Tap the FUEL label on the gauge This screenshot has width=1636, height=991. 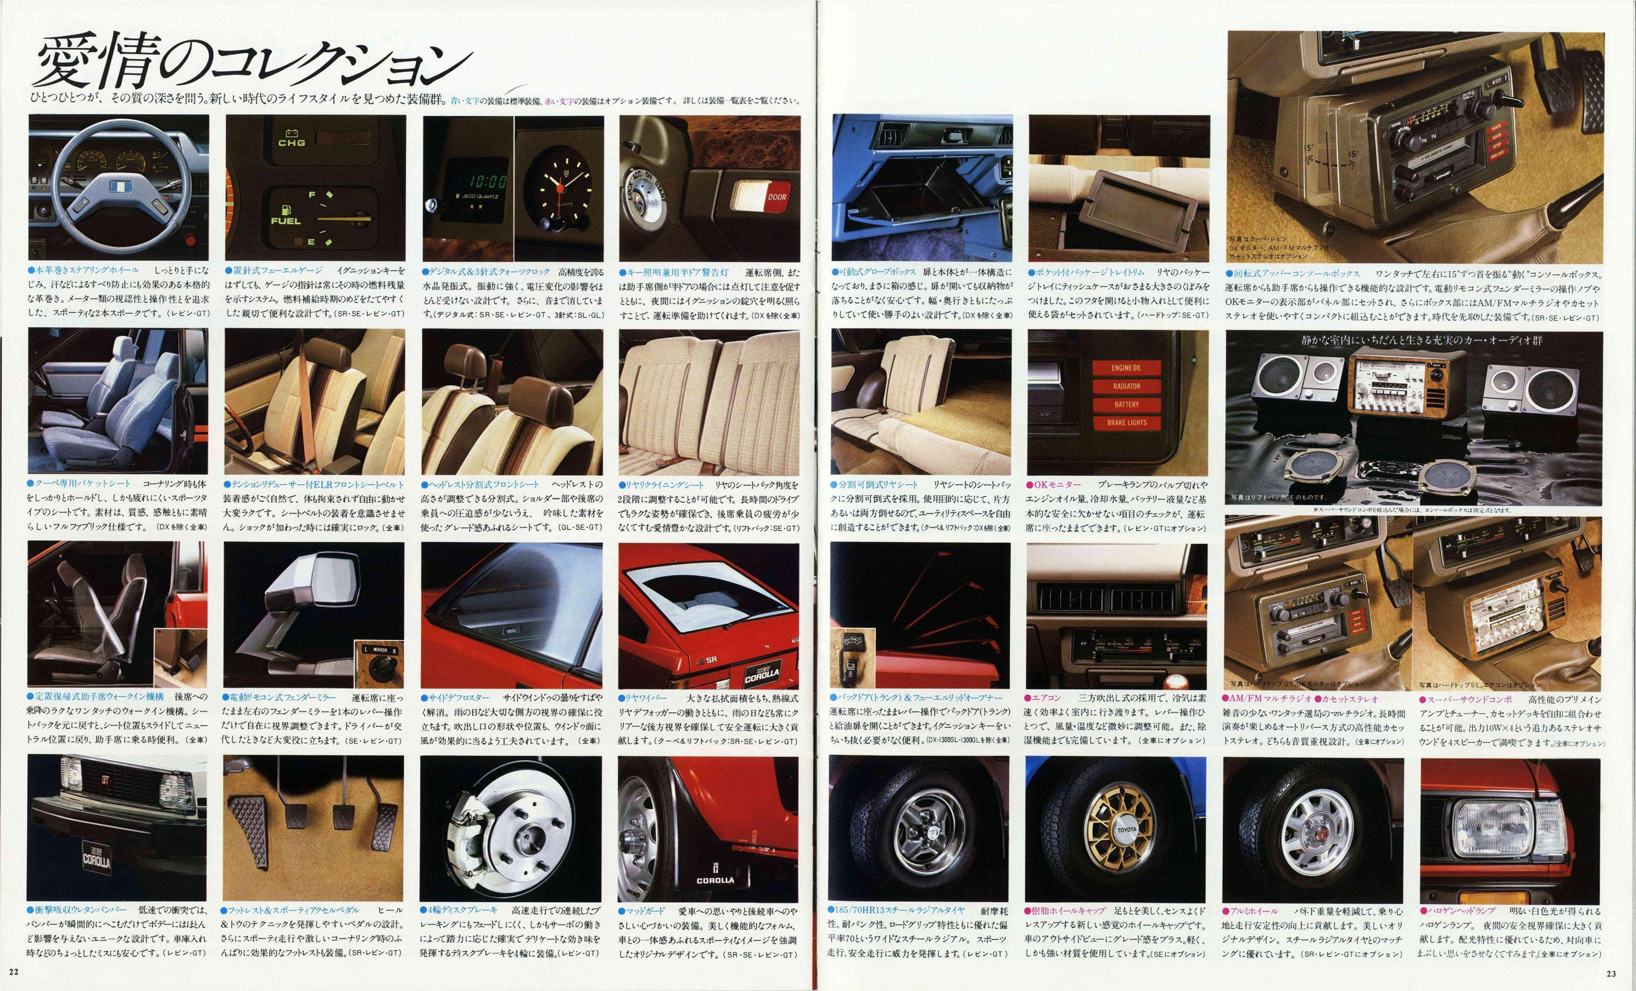pos(285,220)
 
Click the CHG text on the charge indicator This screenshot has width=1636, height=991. pos(292,142)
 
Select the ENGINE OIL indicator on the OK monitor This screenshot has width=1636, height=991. pos(1126,368)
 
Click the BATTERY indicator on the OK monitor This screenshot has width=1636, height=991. pos(1126,403)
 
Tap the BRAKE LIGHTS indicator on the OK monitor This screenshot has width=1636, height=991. pos(1126,422)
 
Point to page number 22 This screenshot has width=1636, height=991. pos(15,972)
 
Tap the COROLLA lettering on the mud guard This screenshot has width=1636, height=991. pos(715,880)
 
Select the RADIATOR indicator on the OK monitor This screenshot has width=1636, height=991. pos(1126,386)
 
